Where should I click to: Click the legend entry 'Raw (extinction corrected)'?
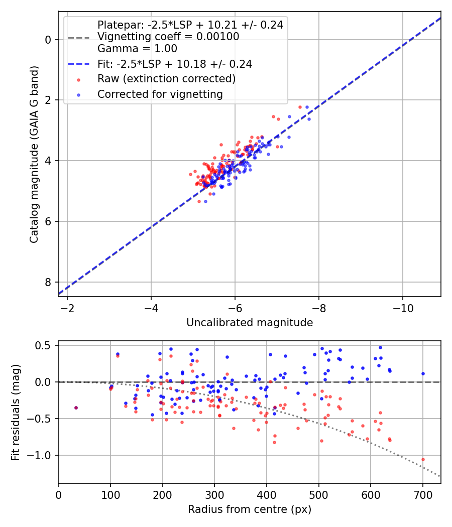coord(166,79)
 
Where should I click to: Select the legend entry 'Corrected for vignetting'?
coord(160,94)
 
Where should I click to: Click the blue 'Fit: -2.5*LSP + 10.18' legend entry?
coord(174,64)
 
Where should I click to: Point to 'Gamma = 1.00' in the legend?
coord(137,49)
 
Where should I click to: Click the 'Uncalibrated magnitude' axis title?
coord(250,323)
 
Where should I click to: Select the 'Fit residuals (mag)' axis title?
coord(16,412)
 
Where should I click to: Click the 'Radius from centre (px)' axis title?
coord(250,509)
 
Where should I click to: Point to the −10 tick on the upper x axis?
coord(402,307)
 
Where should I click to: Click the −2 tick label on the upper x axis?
coord(67,307)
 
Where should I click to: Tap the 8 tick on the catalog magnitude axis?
coord(49,282)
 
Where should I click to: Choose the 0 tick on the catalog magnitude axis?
coord(49,40)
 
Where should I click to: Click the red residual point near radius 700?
coord(423,459)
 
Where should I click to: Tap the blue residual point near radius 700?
coord(423,373)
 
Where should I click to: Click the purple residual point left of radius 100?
coord(76,408)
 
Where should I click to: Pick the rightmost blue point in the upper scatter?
coord(309,119)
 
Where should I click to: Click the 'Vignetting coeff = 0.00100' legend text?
coord(168,37)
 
